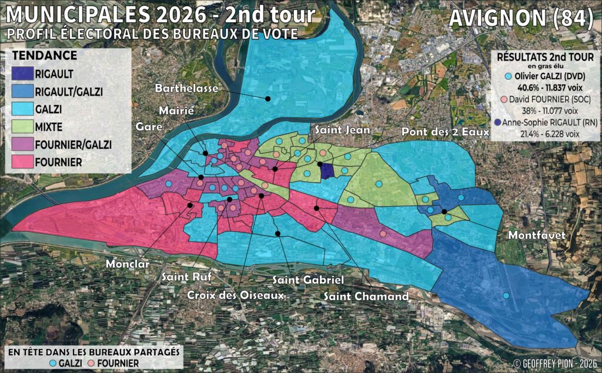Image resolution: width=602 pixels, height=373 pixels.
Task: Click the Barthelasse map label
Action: [187, 88]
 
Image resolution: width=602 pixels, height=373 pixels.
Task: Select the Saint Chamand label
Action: [366, 297]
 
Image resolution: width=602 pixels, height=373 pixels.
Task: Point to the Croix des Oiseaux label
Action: [236, 295]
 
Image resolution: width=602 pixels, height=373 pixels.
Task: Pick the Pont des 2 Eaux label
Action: [445, 132]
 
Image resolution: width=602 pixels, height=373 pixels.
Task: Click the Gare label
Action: [149, 126]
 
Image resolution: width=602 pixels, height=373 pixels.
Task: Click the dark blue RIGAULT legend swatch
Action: [22, 75]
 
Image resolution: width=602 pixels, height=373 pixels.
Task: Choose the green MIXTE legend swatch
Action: [22, 126]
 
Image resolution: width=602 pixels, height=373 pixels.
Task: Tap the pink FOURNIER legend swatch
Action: [22, 161]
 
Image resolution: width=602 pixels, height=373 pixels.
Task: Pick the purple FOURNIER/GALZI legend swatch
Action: [22, 144]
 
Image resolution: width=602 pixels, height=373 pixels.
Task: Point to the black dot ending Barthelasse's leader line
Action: [267, 98]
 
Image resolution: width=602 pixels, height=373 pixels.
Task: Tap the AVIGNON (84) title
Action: [520, 19]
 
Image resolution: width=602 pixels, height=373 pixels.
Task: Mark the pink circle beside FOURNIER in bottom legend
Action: [92, 363]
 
